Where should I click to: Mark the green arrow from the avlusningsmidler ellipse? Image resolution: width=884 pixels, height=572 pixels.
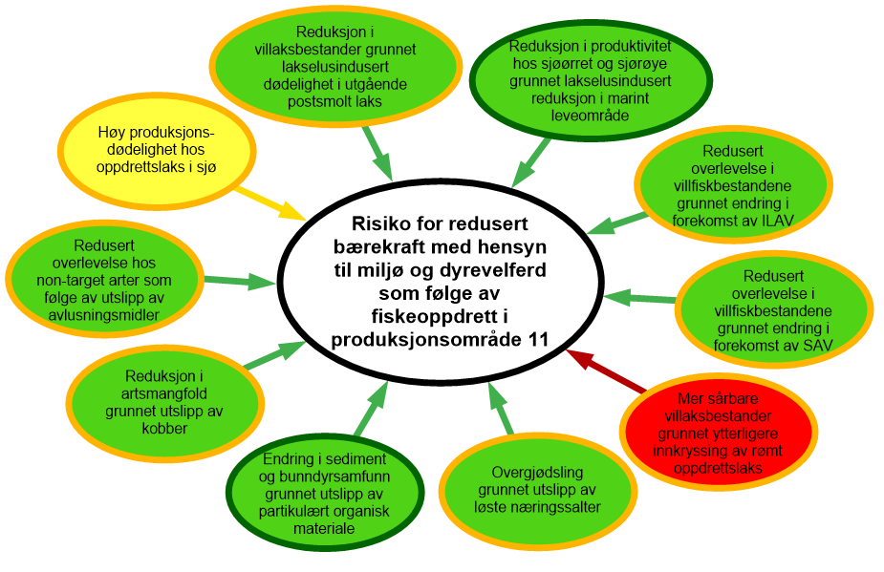click(x=239, y=281)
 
